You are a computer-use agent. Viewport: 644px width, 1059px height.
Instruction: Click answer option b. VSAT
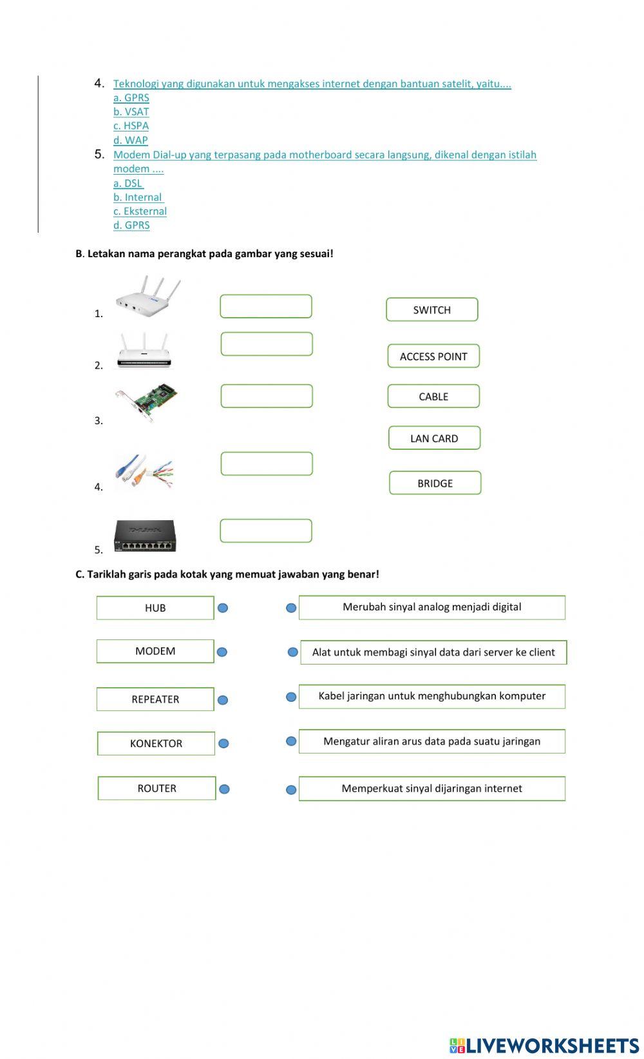[x=131, y=112]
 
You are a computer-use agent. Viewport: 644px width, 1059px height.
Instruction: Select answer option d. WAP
[x=131, y=140]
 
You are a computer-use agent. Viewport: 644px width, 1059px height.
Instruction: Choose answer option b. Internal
[x=138, y=197]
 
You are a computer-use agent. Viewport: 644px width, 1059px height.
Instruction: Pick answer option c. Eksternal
[x=140, y=211]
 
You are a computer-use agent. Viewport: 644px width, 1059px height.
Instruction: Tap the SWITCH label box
[x=432, y=309]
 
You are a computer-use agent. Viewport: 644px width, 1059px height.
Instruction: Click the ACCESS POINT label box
[x=433, y=356]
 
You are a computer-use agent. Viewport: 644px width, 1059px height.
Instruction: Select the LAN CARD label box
[x=434, y=438]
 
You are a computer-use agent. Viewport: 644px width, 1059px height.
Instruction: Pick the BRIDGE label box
[x=435, y=483]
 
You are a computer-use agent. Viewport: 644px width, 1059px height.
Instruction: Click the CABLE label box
[x=433, y=396]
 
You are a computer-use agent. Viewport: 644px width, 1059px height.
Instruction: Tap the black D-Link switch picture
[x=145, y=536]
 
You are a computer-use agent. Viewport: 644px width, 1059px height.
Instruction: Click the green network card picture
[x=146, y=402]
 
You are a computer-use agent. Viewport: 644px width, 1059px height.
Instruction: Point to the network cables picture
[x=144, y=472]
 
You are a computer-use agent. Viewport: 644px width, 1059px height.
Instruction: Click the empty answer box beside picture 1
[x=266, y=307]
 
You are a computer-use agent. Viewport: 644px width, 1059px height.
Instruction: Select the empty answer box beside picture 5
[x=266, y=531]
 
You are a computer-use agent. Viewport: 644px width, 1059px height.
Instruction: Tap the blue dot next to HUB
[x=223, y=608]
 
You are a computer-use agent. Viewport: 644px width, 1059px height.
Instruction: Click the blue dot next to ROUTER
[x=224, y=789]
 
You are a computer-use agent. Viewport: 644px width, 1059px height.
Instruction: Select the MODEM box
[x=155, y=651]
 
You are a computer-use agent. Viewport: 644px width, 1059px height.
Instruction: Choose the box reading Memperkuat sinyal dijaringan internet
[x=431, y=788]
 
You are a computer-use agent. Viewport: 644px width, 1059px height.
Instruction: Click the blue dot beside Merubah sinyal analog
[x=291, y=608]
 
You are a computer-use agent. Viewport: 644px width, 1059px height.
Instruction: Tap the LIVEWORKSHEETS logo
[x=544, y=1045]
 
